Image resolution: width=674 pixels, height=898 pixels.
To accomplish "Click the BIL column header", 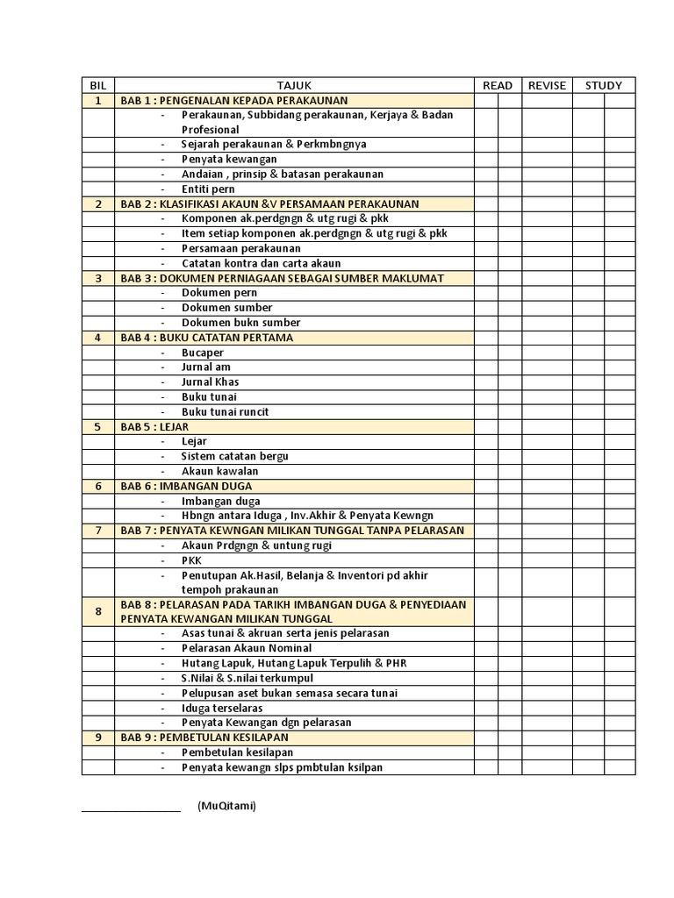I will [98, 85].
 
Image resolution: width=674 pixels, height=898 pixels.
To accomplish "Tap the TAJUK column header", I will [294, 85].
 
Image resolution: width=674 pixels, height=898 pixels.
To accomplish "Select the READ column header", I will [498, 85].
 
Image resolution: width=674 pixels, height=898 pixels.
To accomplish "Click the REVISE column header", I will [548, 85].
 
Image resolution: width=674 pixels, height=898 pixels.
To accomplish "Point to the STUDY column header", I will [604, 85].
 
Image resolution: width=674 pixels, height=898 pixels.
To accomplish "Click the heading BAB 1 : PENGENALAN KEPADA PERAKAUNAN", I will [234, 100].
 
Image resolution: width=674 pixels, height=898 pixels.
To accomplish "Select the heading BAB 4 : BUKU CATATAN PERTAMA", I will [206, 338].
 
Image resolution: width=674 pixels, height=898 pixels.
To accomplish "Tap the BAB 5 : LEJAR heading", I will [154, 427].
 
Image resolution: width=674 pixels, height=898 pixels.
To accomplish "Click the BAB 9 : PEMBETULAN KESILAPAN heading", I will [204, 738].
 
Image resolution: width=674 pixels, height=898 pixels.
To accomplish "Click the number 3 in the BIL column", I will [98, 278].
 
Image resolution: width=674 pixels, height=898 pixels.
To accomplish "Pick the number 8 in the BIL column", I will [98, 611].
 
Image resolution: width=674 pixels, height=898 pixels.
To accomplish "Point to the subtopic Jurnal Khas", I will [211, 381].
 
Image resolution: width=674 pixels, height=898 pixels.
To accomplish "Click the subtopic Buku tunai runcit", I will [226, 411].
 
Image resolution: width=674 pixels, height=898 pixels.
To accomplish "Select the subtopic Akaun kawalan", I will [220, 471].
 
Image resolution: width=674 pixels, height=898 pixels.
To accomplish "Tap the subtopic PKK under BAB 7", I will [191, 559].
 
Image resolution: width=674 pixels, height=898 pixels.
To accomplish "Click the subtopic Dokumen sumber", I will [227, 308].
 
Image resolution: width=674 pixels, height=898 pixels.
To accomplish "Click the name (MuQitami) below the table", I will [227, 806].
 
